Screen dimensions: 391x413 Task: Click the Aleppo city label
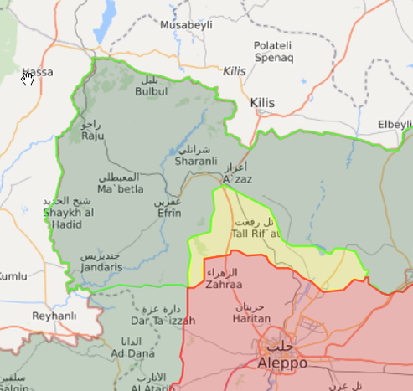pos(270,364)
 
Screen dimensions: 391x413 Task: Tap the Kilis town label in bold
pos(262,103)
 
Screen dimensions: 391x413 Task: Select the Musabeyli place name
pos(187,26)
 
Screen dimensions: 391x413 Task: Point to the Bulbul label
pos(151,91)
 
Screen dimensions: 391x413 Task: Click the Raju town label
pos(91,136)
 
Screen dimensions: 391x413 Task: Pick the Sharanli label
pos(196,161)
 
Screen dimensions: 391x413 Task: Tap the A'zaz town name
pos(237,179)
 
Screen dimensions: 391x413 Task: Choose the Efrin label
pos(168,213)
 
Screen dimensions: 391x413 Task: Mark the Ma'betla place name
pos(120,188)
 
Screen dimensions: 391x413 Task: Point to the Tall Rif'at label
pos(255,234)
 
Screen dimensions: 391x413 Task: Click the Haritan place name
pos(252,318)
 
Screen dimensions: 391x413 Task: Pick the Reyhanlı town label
pos(54,316)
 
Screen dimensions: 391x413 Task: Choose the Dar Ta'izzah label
pos(163,321)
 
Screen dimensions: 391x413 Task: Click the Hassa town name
pos(38,72)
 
